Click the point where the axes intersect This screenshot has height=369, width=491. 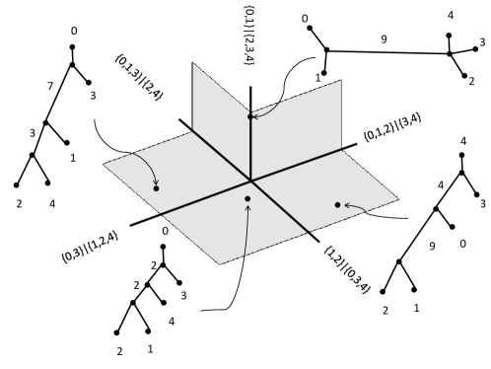[251, 180]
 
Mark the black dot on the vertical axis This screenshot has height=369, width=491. [251, 116]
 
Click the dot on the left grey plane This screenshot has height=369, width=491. [157, 186]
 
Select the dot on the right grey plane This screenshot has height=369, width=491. [337, 204]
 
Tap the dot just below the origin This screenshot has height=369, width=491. [247, 198]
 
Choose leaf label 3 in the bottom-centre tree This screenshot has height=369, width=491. [184, 295]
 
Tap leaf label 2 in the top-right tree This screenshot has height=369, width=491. [472, 80]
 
